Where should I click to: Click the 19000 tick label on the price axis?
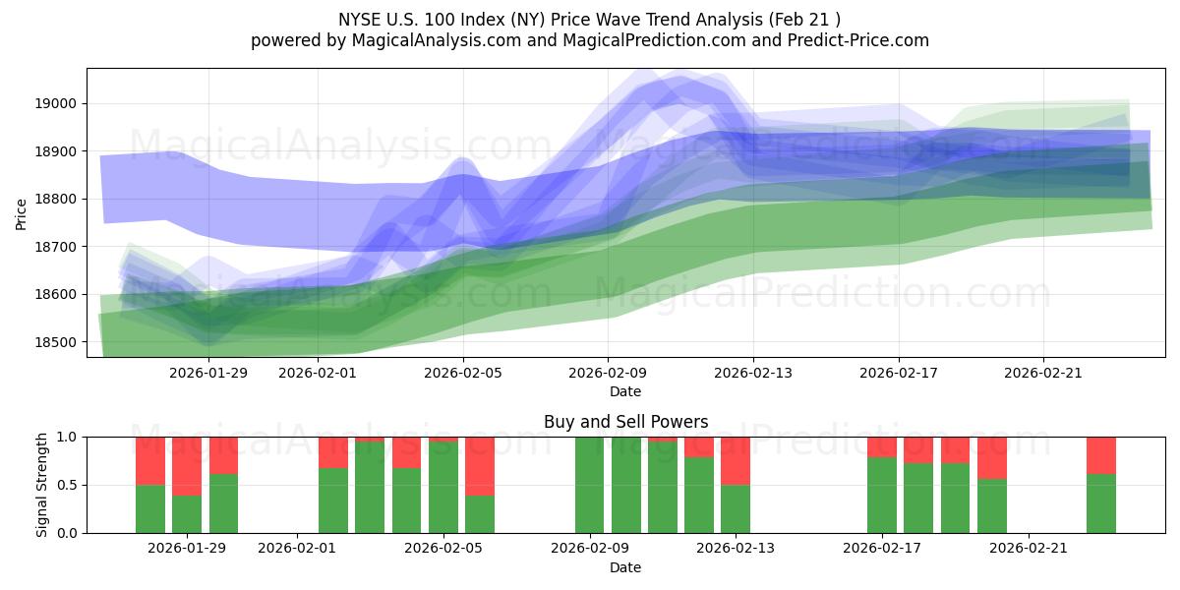tap(57, 103)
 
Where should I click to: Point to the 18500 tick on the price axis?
tap(57, 342)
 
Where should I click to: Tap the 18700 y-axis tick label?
tap(57, 247)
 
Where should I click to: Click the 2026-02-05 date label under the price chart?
tap(463, 373)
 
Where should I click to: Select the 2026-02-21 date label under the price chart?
tap(1043, 373)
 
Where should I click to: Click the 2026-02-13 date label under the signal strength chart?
tap(736, 548)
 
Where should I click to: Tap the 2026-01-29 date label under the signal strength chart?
tap(187, 548)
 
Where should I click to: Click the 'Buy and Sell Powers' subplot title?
tap(625, 422)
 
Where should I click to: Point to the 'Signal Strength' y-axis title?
tap(42, 485)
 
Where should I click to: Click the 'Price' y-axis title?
tap(22, 212)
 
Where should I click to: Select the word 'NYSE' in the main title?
tap(361, 19)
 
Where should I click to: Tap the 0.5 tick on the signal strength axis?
tap(67, 485)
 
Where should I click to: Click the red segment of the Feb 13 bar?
tap(736, 460)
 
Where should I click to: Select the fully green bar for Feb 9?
tap(589, 485)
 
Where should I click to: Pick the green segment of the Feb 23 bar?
tap(1101, 503)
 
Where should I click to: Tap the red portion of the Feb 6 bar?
tap(479, 465)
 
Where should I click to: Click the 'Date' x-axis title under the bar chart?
tap(625, 567)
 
